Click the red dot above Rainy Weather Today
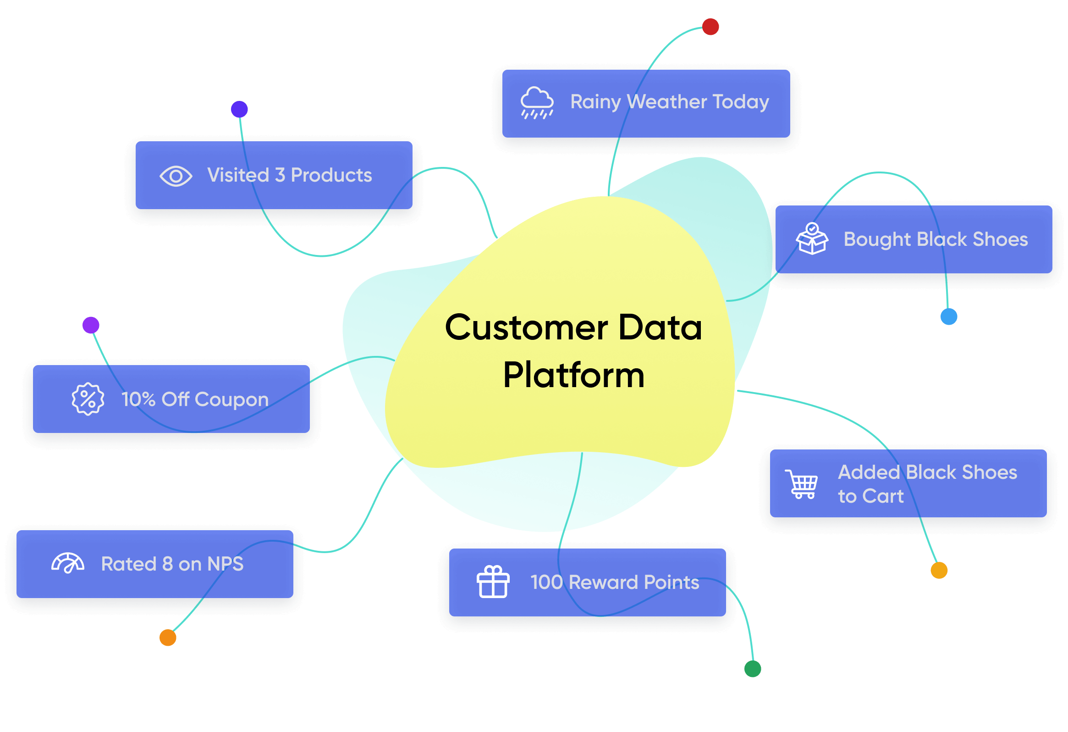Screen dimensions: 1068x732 710,27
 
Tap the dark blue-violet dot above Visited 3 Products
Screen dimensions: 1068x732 239,109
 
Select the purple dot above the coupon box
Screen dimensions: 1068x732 91,325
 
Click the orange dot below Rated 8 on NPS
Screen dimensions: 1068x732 168,638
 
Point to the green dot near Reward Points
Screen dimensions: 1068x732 753,669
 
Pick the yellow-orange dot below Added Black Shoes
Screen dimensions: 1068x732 939,570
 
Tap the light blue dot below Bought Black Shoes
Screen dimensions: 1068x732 949,316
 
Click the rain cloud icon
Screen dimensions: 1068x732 537,103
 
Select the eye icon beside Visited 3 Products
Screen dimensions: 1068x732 176,176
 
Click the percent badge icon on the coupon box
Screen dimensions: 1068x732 88,399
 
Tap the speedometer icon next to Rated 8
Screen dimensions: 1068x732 68,563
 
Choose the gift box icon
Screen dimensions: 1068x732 493,582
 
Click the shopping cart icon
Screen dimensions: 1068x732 802,484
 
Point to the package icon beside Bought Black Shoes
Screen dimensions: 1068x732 812,238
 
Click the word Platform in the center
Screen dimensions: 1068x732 574,375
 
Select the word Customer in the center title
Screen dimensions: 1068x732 527,327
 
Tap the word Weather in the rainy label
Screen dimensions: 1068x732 667,101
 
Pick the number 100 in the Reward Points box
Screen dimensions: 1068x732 547,582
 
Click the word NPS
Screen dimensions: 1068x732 225,564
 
